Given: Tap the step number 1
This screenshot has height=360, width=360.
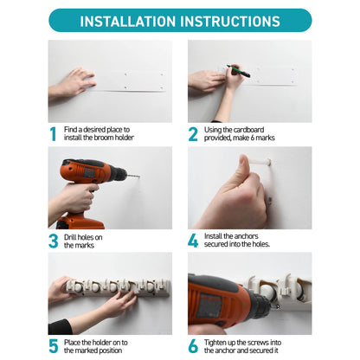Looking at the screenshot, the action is tap(53, 134).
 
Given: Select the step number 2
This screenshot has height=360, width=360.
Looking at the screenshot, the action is tap(193, 134).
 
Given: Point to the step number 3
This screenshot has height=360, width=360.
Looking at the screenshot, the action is tap(54, 241).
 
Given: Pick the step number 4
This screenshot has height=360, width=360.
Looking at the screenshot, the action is tap(193, 241).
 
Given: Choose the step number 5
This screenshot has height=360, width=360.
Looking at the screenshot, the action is tap(54, 346).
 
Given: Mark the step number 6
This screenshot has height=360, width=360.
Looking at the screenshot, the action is tap(193, 346).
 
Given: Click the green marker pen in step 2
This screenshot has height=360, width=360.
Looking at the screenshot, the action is tap(239, 71).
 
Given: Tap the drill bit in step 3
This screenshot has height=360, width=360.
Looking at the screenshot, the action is tap(133, 176).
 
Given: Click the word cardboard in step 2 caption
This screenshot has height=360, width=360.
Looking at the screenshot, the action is tap(248, 130).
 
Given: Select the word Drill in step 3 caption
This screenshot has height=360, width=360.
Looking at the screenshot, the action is tap(70, 237).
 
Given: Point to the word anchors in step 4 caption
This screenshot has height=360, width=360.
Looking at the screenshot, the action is tap(246, 236).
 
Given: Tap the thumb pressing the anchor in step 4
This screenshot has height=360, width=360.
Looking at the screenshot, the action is tap(244, 167).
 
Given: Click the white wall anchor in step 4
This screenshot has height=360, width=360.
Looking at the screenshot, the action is tap(260, 162).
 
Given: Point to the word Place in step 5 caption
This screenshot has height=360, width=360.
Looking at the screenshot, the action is tap(72, 343).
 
